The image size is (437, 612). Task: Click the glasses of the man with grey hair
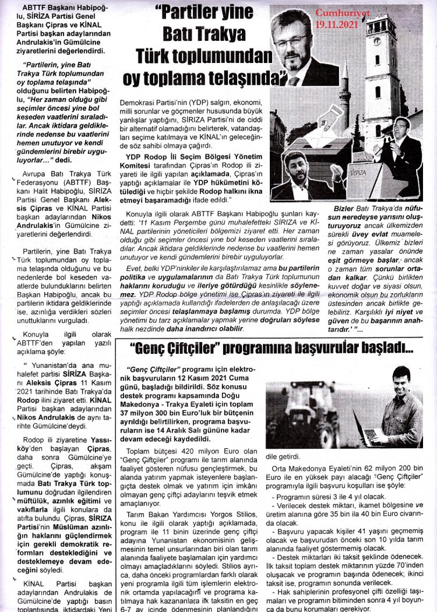coord(291,41)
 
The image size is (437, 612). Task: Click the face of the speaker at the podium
coord(401,131)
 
